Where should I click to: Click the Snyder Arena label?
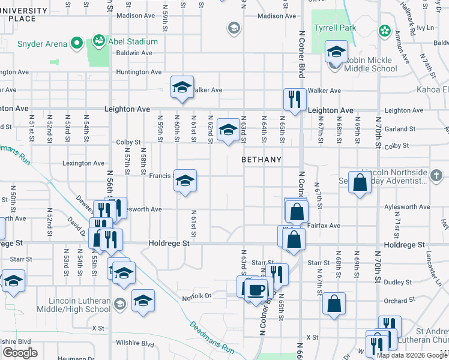[41, 43]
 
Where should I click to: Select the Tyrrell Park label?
[335, 28]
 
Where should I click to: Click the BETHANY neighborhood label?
[261, 160]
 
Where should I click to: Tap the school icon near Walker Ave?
[182, 87]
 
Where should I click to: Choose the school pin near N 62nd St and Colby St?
[228, 130]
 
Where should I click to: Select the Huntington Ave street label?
[139, 72]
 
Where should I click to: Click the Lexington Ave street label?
[83, 163]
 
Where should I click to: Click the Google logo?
[20, 353]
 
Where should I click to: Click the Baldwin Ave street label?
[134, 53]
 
